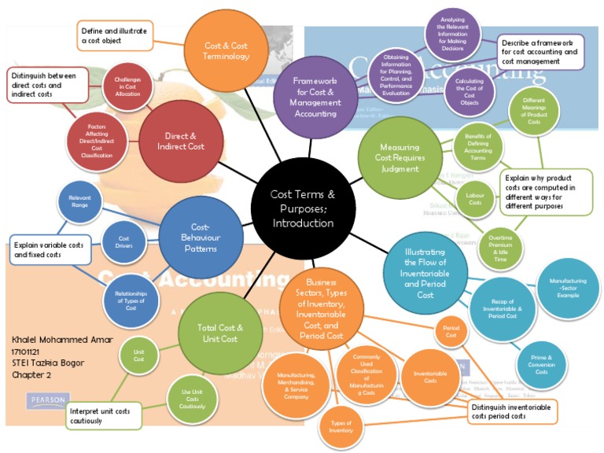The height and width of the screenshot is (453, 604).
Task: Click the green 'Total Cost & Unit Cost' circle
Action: point(218,333)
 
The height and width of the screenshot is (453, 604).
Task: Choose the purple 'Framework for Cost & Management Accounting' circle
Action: point(314,97)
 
